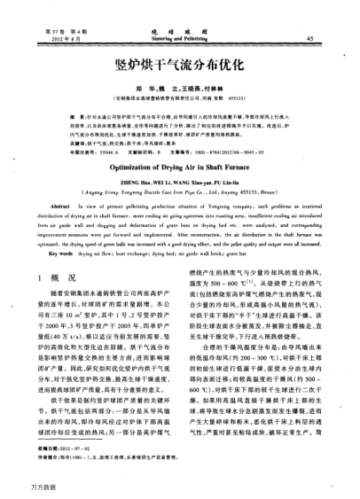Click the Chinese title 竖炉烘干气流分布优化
181,66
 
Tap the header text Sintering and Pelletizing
181,39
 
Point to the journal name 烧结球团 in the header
181,30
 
